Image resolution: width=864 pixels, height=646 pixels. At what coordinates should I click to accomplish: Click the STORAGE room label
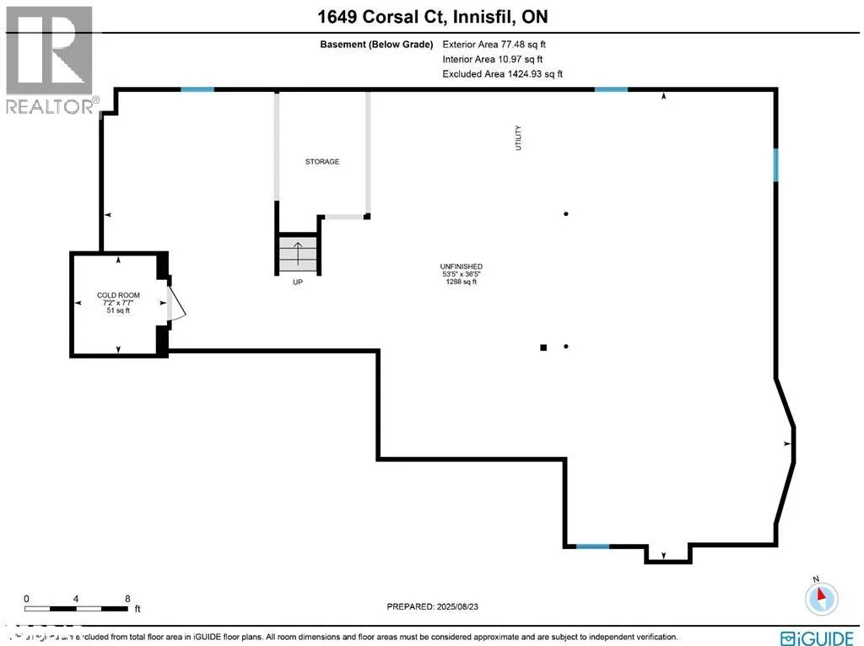322,161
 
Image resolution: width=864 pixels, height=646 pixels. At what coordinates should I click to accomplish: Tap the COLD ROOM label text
118,295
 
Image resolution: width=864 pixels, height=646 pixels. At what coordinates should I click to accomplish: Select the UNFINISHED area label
462,266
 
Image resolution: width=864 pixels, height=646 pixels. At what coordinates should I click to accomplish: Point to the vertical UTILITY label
519,138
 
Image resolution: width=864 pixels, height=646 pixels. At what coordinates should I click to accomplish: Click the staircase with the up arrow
298,253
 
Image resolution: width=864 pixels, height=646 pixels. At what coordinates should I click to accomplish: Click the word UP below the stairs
297,283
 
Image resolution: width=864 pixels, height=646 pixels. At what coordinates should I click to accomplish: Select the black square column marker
543,347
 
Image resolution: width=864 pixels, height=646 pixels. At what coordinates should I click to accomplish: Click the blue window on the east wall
775,165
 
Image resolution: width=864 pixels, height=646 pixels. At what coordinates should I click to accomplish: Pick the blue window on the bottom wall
592,546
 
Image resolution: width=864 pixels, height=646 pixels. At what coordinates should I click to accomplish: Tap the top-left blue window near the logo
197,89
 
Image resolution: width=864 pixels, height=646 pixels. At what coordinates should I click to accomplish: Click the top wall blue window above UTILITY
611,89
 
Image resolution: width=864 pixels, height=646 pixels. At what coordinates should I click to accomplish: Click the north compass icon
821,598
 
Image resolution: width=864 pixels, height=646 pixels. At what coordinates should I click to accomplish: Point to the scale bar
78,607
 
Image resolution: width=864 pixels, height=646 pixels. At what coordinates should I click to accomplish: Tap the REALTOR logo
49,59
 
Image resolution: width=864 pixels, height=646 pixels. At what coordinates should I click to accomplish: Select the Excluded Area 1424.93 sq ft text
502,74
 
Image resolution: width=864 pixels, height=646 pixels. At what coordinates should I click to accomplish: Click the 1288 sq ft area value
462,282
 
